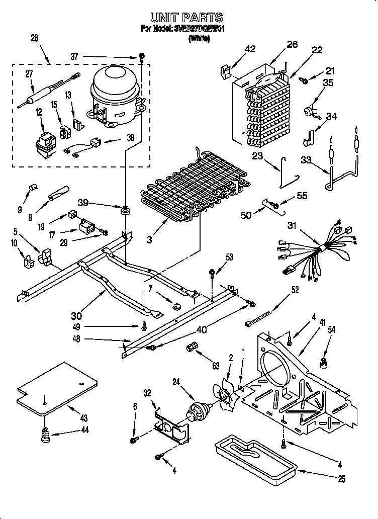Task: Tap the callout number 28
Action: pyautogui.click(x=34, y=39)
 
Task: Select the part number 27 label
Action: pyautogui.click(x=30, y=74)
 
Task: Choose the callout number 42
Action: pyautogui.click(x=250, y=49)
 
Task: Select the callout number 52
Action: pyautogui.click(x=295, y=289)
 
